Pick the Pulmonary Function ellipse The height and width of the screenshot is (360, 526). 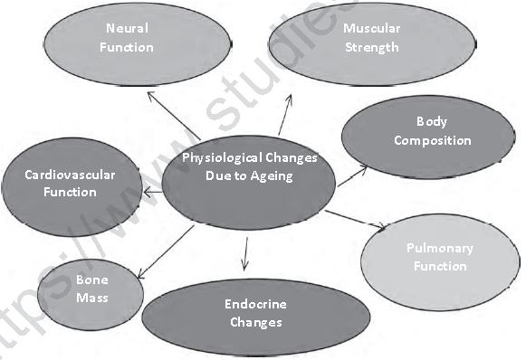click(440, 257)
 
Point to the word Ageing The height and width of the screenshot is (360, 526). click(273, 175)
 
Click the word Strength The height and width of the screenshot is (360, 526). click(371, 47)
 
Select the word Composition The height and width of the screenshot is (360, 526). click(432, 140)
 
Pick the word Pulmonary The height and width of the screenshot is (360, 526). click(440, 248)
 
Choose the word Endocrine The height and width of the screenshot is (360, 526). click(256, 304)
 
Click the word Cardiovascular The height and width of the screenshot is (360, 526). click(70, 175)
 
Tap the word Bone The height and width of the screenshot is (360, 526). click(91, 279)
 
